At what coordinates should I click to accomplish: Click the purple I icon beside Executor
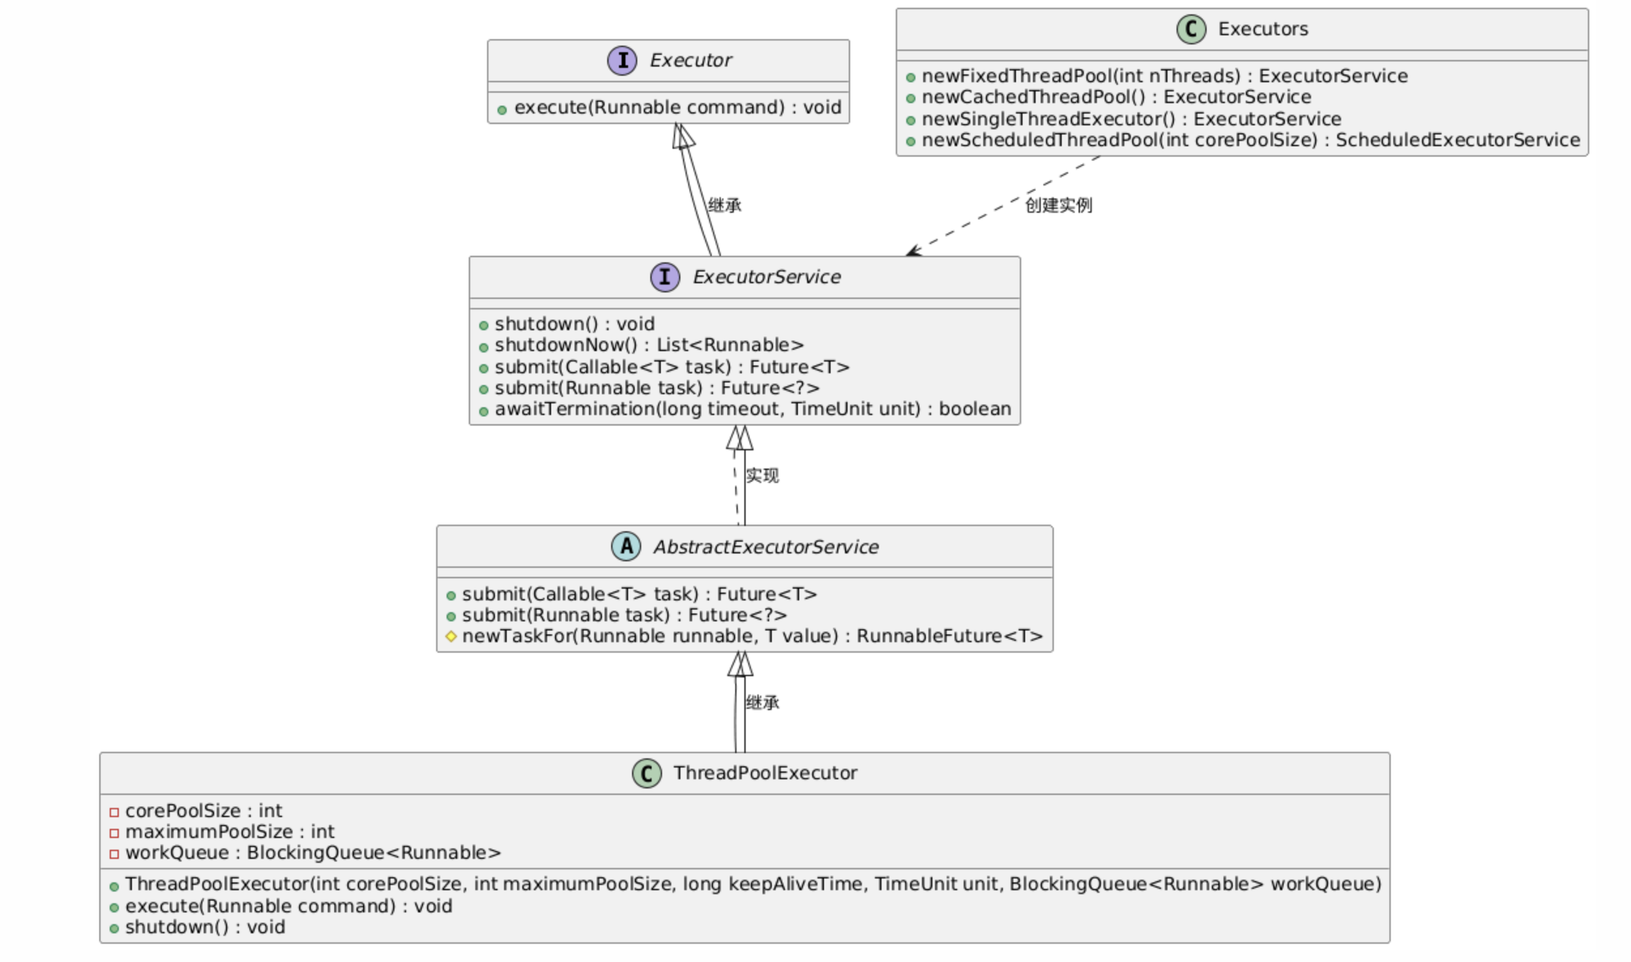[622, 61]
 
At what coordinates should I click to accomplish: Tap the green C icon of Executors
[1190, 29]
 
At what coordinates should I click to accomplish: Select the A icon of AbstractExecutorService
[625, 546]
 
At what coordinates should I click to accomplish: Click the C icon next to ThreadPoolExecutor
[646, 773]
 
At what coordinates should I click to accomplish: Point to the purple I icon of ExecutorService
[665, 277]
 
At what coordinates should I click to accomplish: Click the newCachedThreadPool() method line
[1116, 97]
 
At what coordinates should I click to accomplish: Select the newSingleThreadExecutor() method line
[1131, 119]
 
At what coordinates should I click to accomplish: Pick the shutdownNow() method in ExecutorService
[649, 345]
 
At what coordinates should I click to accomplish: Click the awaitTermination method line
[752, 409]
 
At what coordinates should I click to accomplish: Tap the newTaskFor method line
[752, 636]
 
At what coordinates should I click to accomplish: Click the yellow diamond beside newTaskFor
[451, 636]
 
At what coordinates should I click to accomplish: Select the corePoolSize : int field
[203, 811]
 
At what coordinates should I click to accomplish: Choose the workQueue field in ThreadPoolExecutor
[313, 852]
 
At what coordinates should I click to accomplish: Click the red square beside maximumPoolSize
[114, 833]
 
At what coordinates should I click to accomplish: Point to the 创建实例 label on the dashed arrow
[1058, 206]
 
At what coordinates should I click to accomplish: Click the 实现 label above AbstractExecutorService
[762, 475]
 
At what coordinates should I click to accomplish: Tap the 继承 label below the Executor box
[724, 206]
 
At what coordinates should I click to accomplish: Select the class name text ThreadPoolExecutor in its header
[765, 773]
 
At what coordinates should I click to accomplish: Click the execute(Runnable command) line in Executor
[677, 108]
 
